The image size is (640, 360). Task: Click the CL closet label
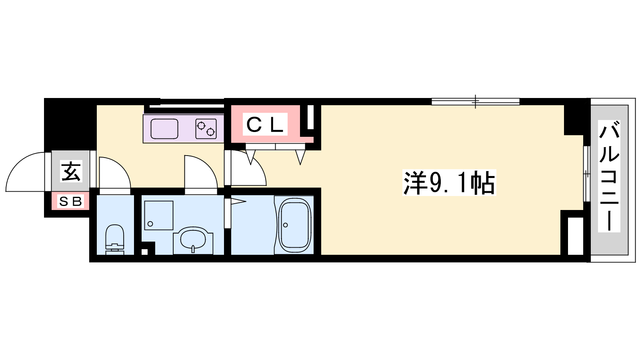point(265,124)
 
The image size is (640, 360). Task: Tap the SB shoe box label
point(70,202)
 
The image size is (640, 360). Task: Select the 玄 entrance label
point(71,171)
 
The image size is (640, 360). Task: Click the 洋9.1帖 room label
point(449,182)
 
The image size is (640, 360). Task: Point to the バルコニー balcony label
point(609,176)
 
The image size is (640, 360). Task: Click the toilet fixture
point(115,240)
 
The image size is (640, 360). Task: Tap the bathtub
point(294,225)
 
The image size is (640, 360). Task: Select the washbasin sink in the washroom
point(193,240)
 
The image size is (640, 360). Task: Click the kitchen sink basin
point(164,128)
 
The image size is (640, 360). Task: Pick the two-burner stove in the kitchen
point(206,128)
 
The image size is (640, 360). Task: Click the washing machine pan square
point(158,216)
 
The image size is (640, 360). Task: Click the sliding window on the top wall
point(476,102)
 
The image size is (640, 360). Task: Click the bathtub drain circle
point(286,225)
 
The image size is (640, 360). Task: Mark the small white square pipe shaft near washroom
point(144,252)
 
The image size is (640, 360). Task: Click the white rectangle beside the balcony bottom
point(575,236)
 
